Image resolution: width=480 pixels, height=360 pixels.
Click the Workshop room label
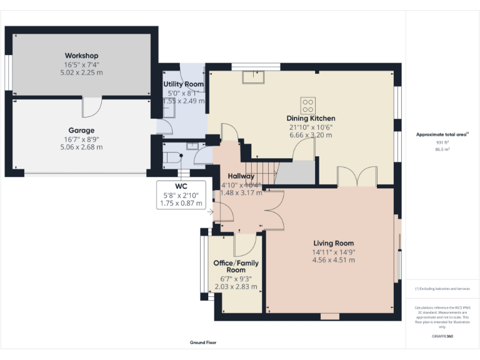coord(81,56)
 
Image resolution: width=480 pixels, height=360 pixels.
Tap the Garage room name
coord(81,131)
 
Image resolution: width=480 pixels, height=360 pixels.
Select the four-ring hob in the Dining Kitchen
coord(309,104)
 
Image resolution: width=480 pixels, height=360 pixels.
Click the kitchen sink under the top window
coord(254,76)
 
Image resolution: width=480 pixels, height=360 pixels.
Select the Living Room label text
coord(333,243)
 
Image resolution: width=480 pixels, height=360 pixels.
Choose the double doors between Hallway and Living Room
coord(274,209)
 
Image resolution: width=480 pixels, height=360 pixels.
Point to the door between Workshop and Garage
coord(92,107)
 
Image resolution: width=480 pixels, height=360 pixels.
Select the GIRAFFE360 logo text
coord(442,337)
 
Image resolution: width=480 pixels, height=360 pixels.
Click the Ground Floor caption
coord(203,343)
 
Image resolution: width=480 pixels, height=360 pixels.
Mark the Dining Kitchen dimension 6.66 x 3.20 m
coord(311,134)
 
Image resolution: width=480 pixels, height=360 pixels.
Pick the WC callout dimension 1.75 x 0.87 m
coord(181,203)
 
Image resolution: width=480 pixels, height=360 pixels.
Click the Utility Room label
coord(183,84)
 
